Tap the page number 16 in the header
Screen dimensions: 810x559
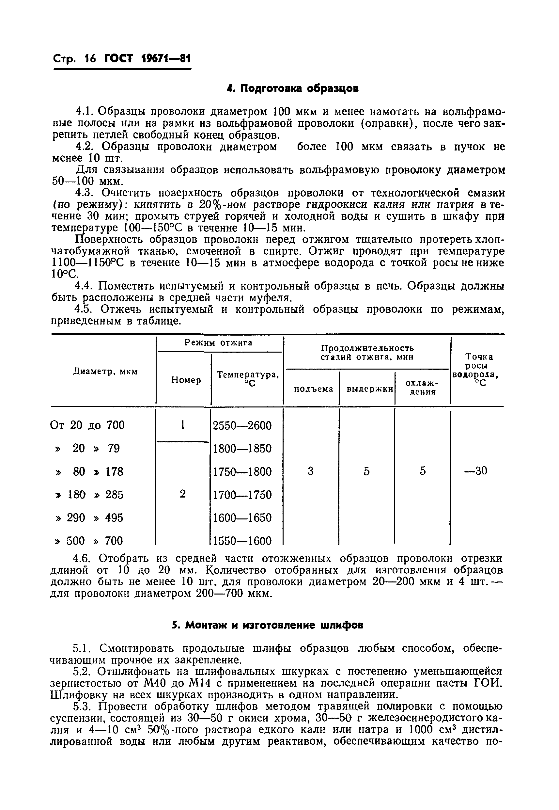coord(90,58)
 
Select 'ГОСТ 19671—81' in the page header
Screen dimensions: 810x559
coord(148,58)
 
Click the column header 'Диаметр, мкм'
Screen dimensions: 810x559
coord(105,371)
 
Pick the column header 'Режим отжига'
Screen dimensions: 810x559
coord(219,342)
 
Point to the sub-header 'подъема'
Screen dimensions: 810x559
coord(313,389)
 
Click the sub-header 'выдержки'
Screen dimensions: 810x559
coord(369,389)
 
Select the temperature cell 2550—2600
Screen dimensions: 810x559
coord(242,425)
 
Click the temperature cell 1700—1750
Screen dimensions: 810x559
coord(242,495)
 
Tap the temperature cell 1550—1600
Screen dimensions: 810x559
coord(242,541)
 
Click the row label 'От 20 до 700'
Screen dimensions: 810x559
coord(87,425)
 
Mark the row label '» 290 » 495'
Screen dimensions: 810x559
coord(90,517)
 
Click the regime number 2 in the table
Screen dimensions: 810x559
coord(182,494)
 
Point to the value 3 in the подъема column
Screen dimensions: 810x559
coord(311,471)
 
